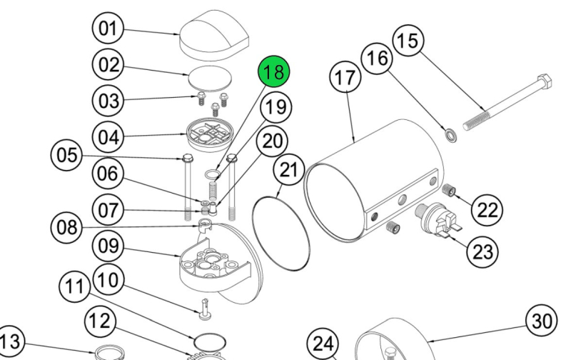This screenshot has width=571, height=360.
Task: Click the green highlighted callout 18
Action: pos(274,72)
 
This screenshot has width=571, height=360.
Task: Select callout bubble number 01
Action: pos(108,30)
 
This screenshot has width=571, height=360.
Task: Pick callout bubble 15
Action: pos(408,41)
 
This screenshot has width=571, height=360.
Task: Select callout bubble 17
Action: pos(345,79)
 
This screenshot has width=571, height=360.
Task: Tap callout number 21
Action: pos(288,171)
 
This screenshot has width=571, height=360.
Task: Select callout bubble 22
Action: pos(487,210)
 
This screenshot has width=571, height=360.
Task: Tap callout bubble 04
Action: pos(108,136)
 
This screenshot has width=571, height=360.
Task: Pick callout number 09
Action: pos(108,246)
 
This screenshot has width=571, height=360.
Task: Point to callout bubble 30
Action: pos(540,321)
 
